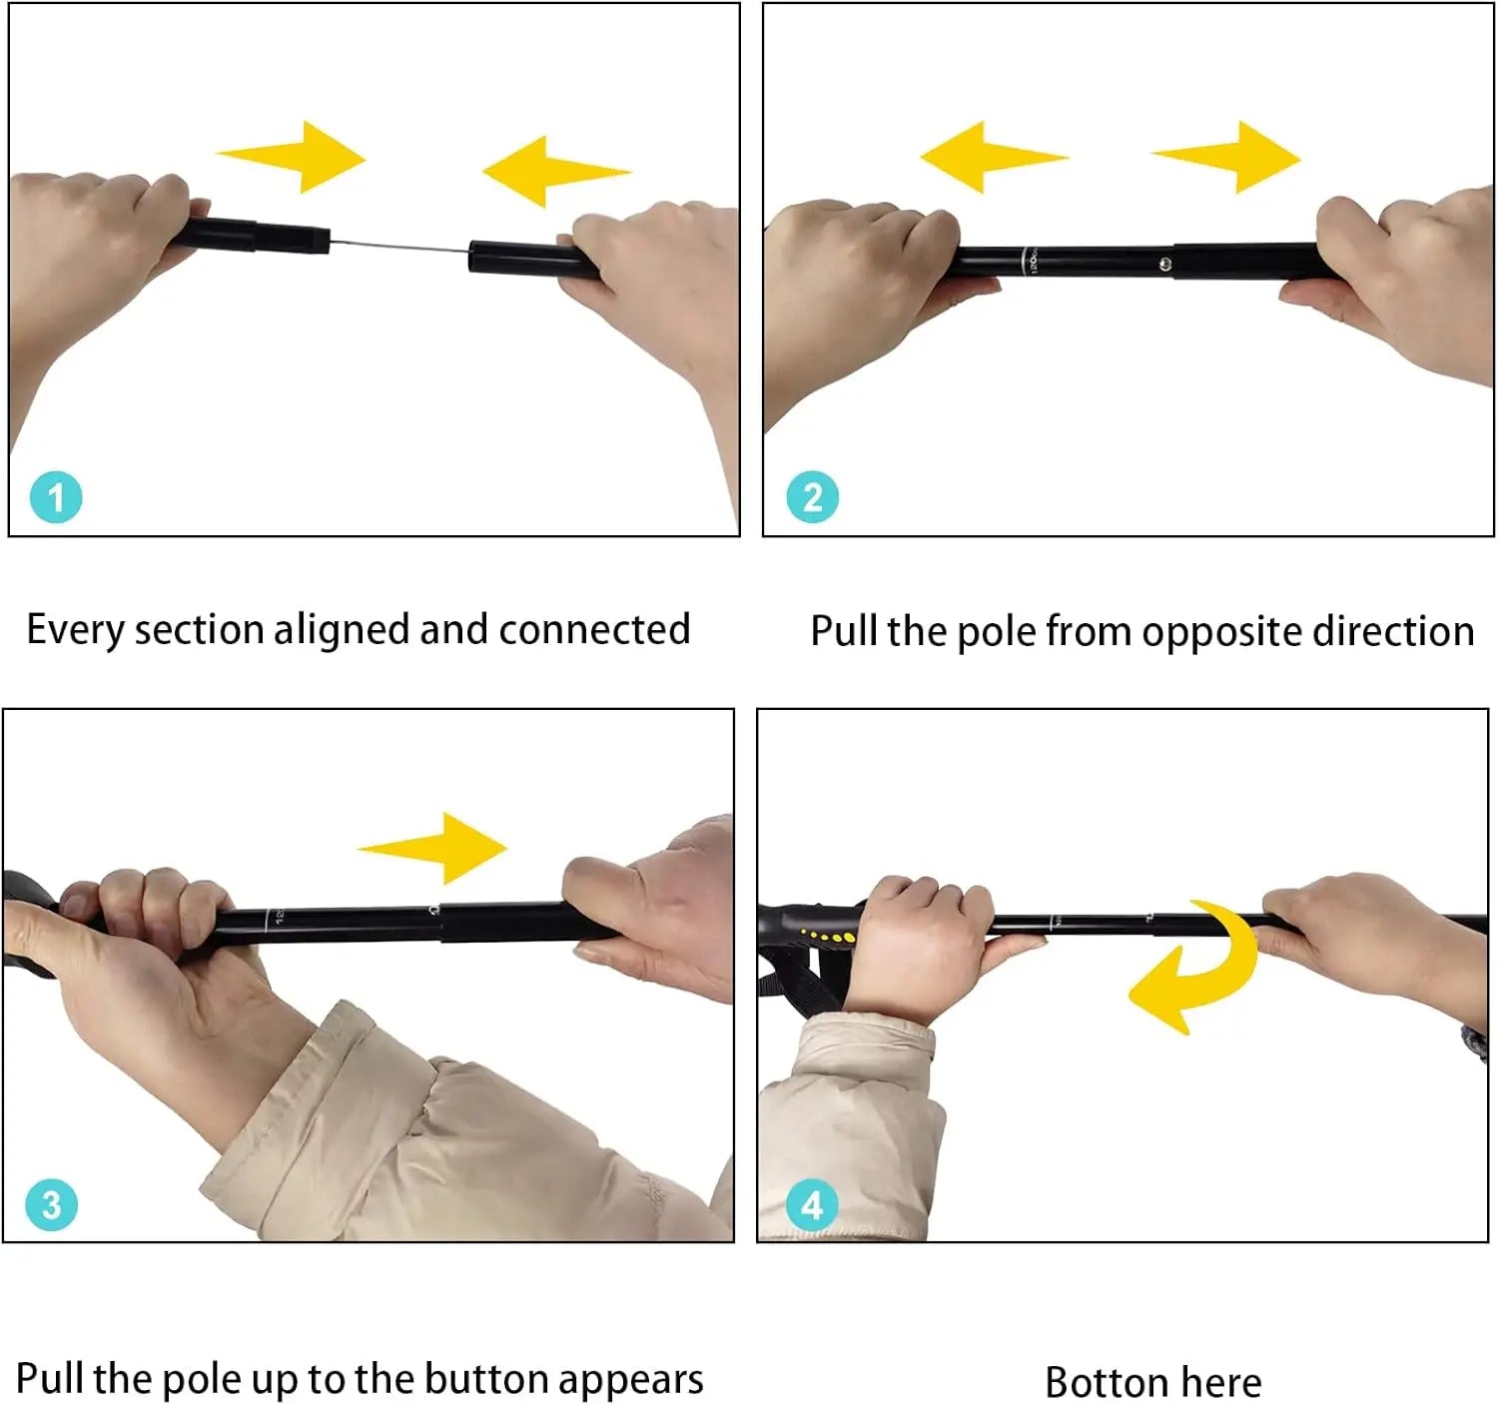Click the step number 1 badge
pos(55,497)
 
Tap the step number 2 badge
pos(812,497)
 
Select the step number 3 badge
pos(51,1204)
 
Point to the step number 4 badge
pos(812,1204)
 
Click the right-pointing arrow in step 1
pos(295,157)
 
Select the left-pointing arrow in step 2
pos(990,157)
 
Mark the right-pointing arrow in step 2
pos(1229,157)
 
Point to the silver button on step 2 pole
pos(1165,264)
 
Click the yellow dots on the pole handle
pos(830,937)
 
